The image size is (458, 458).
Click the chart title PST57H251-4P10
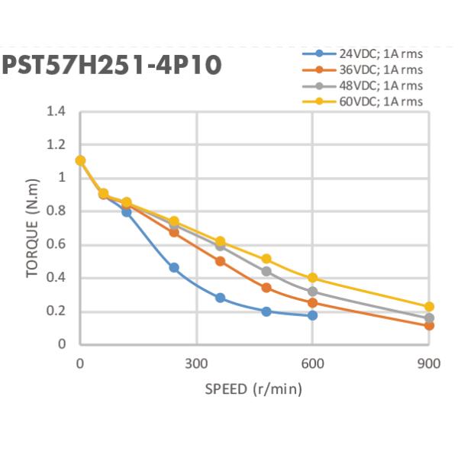[x=111, y=65]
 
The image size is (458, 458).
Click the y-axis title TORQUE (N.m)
[x=32, y=228]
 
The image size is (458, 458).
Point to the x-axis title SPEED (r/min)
[x=253, y=389]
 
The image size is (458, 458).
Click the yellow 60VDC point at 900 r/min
[x=429, y=307]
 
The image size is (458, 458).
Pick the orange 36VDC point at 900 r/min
[x=429, y=325]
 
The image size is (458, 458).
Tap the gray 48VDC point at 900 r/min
[x=429, y=318]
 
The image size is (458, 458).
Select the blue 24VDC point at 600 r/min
[x=312, y=315]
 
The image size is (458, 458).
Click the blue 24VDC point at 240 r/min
[x=173, y=268]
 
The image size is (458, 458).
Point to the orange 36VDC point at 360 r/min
[x=220, y=261]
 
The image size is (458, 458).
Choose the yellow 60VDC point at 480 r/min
[x=266, y=260]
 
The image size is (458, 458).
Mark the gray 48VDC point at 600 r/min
[x=312, y=292]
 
